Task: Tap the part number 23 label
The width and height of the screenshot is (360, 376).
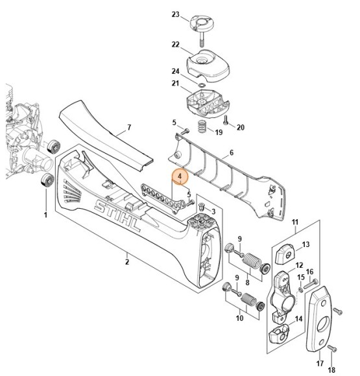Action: pyautogui.click(x=175, y=14)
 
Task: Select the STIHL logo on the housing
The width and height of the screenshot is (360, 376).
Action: pyautogui.click(x=117, y=217)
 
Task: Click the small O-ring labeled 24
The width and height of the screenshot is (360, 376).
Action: pyautogui.click(x=202, y=85)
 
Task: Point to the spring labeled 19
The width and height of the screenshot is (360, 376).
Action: pyautogui.click(x=203, y=126)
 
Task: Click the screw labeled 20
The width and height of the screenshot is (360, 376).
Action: pyautogui.click(x=226, y=120)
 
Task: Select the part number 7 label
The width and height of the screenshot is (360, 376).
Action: pyautogui.click(x=129, y=127)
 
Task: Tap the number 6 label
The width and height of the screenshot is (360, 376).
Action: pyautogui.click(x=232, y=152)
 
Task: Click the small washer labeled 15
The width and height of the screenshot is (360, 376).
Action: pyautogui.click(x=300, y=290)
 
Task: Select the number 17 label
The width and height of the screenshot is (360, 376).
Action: pyautogui.click(x=320, y=363)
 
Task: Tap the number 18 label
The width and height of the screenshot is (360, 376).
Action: pyautogui.click(x=331, y=370)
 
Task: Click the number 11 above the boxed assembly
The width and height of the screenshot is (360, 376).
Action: pyautogui.click(x=295, y=222)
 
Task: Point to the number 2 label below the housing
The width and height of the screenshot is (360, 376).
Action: pyautogui.click(x=127, y=261)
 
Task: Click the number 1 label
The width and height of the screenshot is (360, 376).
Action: pyautogui.click(x=45, y=215)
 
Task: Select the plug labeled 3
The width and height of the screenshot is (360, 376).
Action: pyautogui.click(x=202, y=207)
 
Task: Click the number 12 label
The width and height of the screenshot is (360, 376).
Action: pyautogui.click(x=299, y=265)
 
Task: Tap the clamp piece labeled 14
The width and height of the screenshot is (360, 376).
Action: pyautogui.click(x=279, y=333)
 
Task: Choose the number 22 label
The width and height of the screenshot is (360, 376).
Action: pyautogui.click(x=175, y=45)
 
